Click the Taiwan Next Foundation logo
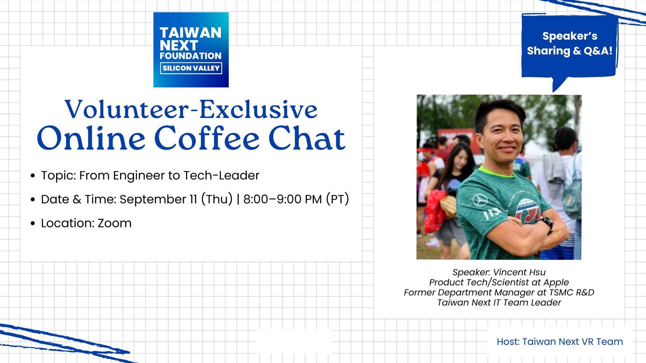191,50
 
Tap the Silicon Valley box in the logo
191,68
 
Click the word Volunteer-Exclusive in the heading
191,110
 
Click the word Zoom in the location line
114,223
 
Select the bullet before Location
33,223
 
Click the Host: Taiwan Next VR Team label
560,341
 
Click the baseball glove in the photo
448,206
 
